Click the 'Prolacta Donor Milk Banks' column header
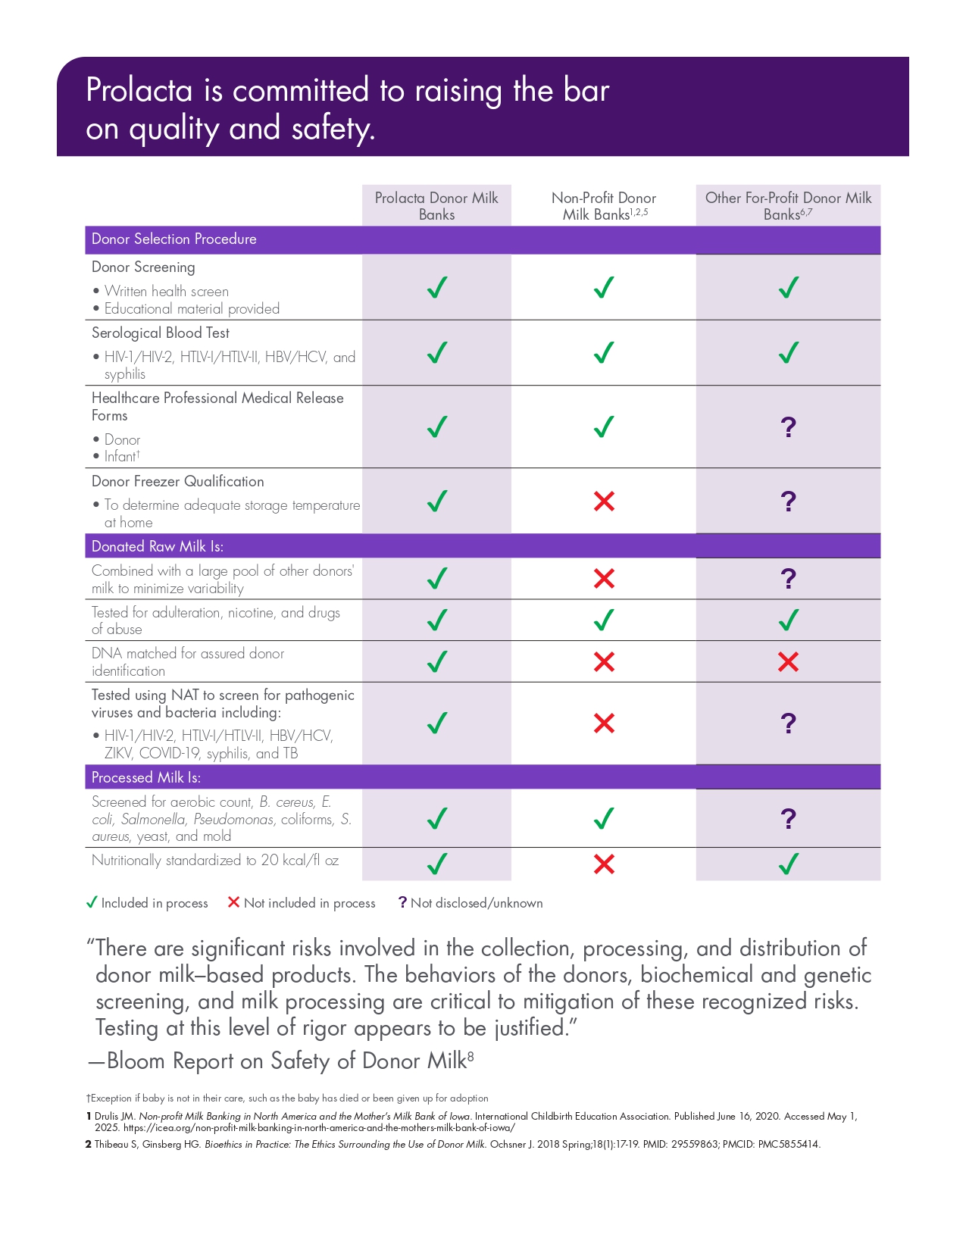tap(436, 206)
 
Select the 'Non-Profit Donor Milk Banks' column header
tap(604, 206)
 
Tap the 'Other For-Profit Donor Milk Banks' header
tap(788, 206)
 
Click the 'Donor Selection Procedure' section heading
tap(174, 239)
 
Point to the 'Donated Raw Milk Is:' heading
tap(158, 546)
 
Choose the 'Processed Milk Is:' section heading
tap(146, 777)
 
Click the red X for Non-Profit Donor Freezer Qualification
tap(604, 501)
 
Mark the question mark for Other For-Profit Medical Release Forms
tap(788, 427)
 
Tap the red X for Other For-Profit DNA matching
tap(788, 662)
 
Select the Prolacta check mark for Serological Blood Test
tap(437, 353)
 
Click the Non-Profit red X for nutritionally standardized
tap(604, 864)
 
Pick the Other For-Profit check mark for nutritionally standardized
tap(789, 864)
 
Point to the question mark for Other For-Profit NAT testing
tap(788, 723)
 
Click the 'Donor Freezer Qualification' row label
tap(178, 482)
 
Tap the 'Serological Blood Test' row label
tap(161, 333)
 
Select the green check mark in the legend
tap(92, 902)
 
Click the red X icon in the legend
tap(233, 902)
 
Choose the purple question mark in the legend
tap(403, 902)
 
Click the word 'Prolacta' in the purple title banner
tap(139, 91)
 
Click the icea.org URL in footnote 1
tap(319, 1127)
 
